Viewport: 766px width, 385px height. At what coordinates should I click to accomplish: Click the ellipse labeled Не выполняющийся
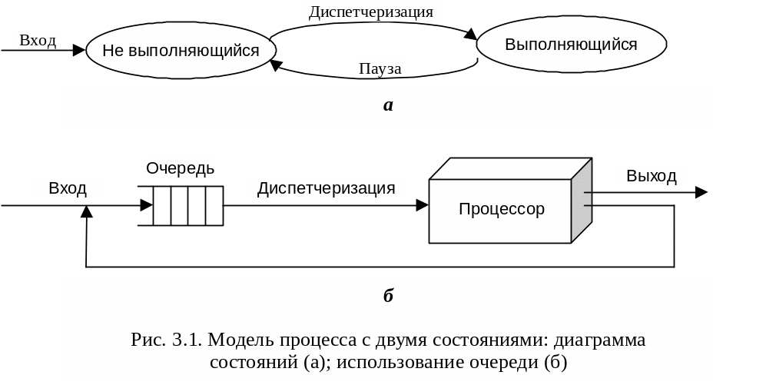[181, 51]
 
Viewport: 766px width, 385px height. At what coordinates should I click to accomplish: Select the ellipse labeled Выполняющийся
[571, 44]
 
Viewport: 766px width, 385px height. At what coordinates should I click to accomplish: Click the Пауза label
[380, 69]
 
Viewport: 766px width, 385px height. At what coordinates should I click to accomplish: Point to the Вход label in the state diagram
[38, 40]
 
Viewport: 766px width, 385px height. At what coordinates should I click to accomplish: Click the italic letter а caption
[388, 105]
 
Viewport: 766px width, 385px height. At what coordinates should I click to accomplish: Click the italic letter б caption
[388, 295]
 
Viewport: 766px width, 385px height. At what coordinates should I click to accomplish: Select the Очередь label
[181, 168]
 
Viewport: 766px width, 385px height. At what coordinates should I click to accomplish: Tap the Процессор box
[501, 208]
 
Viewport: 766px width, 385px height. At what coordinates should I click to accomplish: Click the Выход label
[652, 176]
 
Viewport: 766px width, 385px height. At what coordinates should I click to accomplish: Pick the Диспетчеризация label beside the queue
[327, 188]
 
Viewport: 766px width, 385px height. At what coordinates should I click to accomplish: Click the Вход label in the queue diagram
[68, 188]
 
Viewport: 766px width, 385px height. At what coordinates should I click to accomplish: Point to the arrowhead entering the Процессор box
[423, 205]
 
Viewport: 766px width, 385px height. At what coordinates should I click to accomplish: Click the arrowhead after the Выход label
[701, 192]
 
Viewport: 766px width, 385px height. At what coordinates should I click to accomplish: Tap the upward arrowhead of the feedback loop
[87, 213]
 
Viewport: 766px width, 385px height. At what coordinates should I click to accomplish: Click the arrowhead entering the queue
[146, 205]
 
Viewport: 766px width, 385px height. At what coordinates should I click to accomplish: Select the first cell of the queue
[161, 206]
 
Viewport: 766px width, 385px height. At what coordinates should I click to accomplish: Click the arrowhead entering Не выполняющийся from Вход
[78, 51]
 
